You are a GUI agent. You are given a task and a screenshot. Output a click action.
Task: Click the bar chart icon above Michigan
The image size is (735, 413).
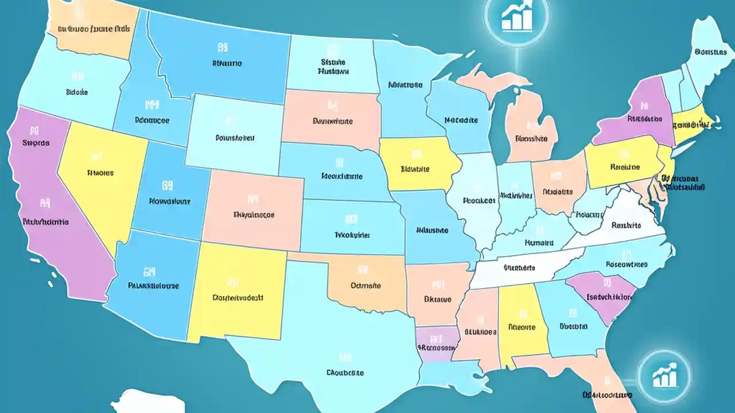tap(514, 17)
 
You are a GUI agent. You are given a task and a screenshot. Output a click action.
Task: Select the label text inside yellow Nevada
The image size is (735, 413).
tap(100, 172)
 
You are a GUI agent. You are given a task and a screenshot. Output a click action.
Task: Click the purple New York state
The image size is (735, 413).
tap(637, 115)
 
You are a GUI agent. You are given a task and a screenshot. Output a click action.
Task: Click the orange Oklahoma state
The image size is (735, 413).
tap(367, 281)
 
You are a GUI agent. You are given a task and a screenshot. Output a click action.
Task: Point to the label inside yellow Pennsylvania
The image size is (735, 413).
tap(625, 167)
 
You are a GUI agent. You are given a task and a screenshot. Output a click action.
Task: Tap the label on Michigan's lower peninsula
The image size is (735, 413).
tap(531, 138)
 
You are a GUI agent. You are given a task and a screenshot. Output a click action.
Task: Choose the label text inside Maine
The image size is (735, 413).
tap(710, 52)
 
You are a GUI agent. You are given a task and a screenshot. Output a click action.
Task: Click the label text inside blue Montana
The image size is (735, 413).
tap(227, 64)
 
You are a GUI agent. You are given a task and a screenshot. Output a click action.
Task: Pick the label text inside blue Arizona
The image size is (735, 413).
tap(153, 285)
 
